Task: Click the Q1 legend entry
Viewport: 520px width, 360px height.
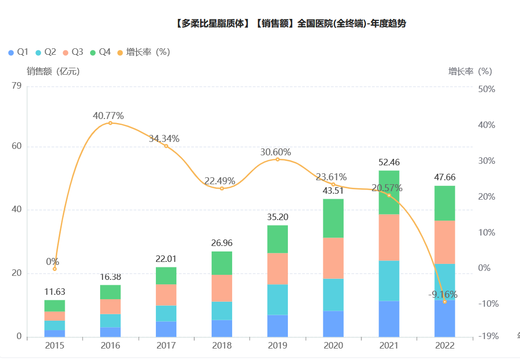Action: pos(18,52)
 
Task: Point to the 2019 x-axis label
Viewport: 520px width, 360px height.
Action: pos(277,346)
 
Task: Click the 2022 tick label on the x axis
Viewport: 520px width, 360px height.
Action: pos(444,346)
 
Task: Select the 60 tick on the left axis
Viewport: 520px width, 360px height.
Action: pos(17,146)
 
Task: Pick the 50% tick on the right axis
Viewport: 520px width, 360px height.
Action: pos(486,89)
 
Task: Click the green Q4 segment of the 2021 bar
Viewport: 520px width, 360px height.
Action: pos(389,192)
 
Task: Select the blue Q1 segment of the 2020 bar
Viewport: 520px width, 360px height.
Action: pos(333,324)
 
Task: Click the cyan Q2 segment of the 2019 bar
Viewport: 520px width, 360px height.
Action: pos(277,299)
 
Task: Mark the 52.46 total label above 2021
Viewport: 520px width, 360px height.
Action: pos(389,162)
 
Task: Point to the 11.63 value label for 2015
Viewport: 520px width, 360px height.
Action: pos(54,292)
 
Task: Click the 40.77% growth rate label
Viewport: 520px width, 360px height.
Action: pos(108,116)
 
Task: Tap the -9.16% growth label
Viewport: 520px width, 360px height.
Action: pos(443,294)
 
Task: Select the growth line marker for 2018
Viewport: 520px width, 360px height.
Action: pos(222,188)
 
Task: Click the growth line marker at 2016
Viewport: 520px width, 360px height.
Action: pos(110,123)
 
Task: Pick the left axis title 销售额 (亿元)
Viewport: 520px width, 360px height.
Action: pos(53,71)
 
